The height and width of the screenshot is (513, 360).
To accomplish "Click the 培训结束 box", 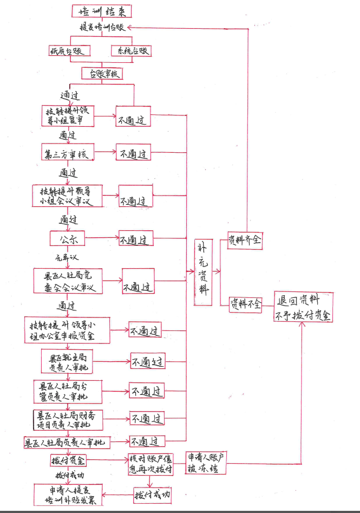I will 102,11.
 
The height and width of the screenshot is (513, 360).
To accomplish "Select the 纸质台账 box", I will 69,51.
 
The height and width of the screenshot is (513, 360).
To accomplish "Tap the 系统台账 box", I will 130,51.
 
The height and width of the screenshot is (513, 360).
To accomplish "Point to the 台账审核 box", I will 102,74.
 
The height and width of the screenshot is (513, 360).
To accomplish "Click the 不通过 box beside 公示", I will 136,238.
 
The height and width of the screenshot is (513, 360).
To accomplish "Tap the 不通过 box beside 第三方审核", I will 133,154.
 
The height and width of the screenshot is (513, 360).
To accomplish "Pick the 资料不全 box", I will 246,303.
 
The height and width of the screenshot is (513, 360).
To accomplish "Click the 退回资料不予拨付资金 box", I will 303,307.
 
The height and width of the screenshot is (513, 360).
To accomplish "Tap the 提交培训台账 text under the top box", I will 103,27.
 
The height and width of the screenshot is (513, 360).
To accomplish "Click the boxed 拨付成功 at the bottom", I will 153,494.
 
